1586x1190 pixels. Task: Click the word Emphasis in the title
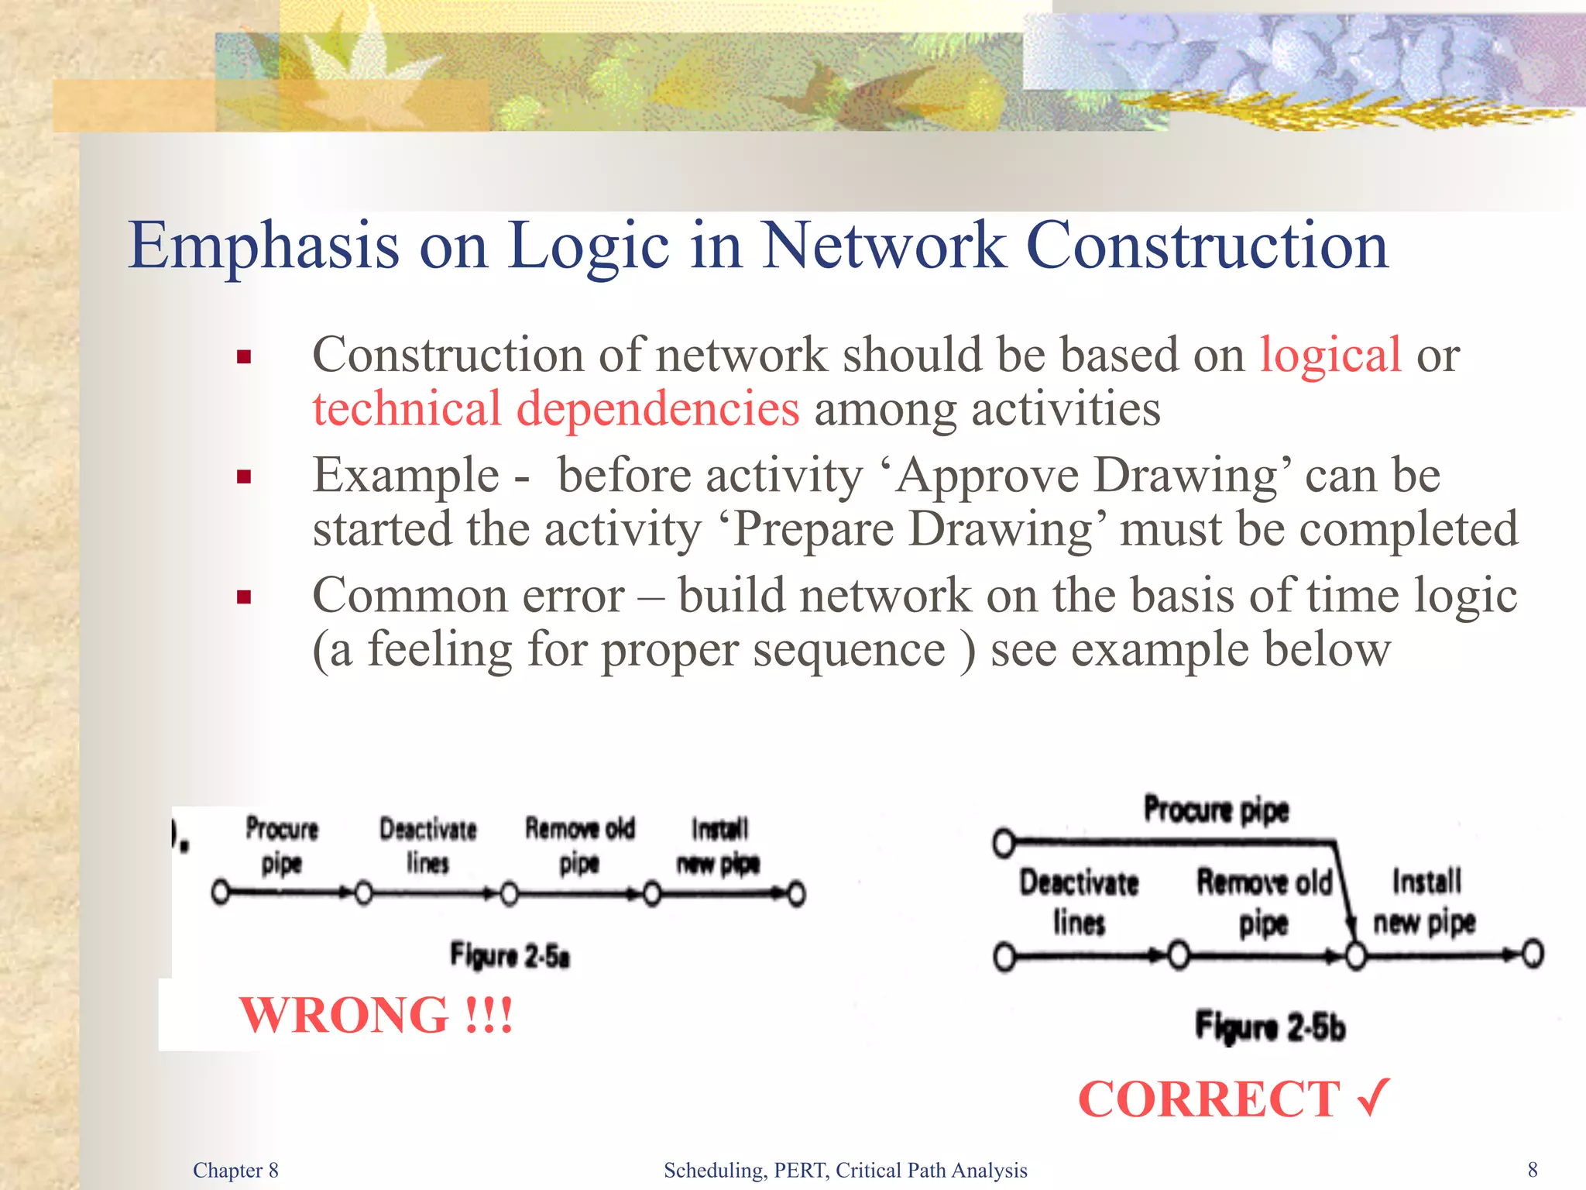pyautogui.click(x=263, y=246)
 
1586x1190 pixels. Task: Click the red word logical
pyautogui.click(x=1330, y=356)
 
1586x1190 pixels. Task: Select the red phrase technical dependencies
pyautogui.click(x=555, y=409)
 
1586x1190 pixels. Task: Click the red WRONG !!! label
pyautogui.click(x=376, y=1015)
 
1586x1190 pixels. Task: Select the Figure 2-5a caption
pyautogui.click(x=510, y=955)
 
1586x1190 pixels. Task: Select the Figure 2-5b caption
pyautogui.click(x=1270, y=1027)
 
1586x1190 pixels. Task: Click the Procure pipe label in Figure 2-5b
pyautogui.click(x=1216, y=810)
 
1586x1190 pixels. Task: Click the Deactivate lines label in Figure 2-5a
pyautogui.click(x=427, y=845)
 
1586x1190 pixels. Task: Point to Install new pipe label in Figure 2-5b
pyautogui.click(x=1425, y=902)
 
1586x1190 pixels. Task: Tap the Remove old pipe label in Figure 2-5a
pyautogui.click(x=579, y=845)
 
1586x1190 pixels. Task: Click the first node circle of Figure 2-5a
pyautogui.click(x=221, y=893)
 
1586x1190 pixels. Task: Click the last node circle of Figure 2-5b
pyautogui.click(x=1533, y=954)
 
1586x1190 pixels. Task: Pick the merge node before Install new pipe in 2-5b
pyautogui.click(x=1355, y=955)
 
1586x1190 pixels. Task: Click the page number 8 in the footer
pyautogui.click(x=1532, y=1170)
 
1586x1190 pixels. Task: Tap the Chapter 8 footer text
pyautogui.click(x=235, y=1170)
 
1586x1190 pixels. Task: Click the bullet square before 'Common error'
pyautogui.click(x=245, y=597)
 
